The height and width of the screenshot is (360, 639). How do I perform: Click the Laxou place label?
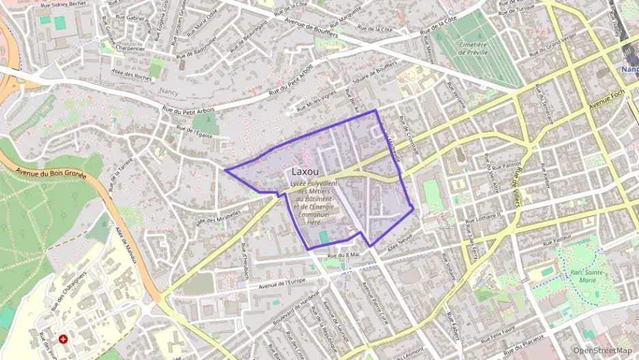(307, 171)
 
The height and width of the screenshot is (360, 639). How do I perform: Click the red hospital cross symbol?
(63, 338)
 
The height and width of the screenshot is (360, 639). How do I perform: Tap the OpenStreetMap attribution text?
(602, 350)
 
